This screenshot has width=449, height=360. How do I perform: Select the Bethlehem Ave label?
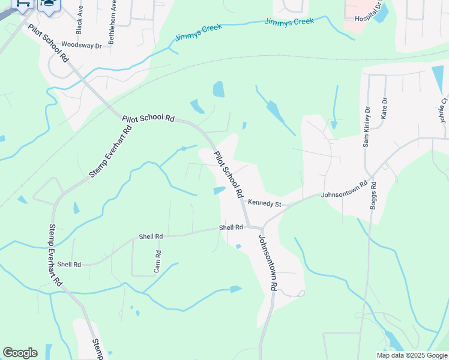112,23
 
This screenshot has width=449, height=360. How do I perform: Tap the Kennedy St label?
265,204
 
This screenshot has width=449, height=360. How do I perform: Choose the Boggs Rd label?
373,196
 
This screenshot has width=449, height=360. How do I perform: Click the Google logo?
20,352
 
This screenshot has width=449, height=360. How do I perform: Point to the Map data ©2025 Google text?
412,355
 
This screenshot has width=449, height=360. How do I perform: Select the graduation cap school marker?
49,4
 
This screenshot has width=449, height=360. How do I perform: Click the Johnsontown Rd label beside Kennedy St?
344,190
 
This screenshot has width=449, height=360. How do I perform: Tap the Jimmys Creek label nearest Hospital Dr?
291,22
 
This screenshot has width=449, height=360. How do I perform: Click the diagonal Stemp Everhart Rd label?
110,152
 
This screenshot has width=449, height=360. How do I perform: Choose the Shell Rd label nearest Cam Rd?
151,237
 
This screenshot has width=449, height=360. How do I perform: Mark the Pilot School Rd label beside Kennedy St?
228,175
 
